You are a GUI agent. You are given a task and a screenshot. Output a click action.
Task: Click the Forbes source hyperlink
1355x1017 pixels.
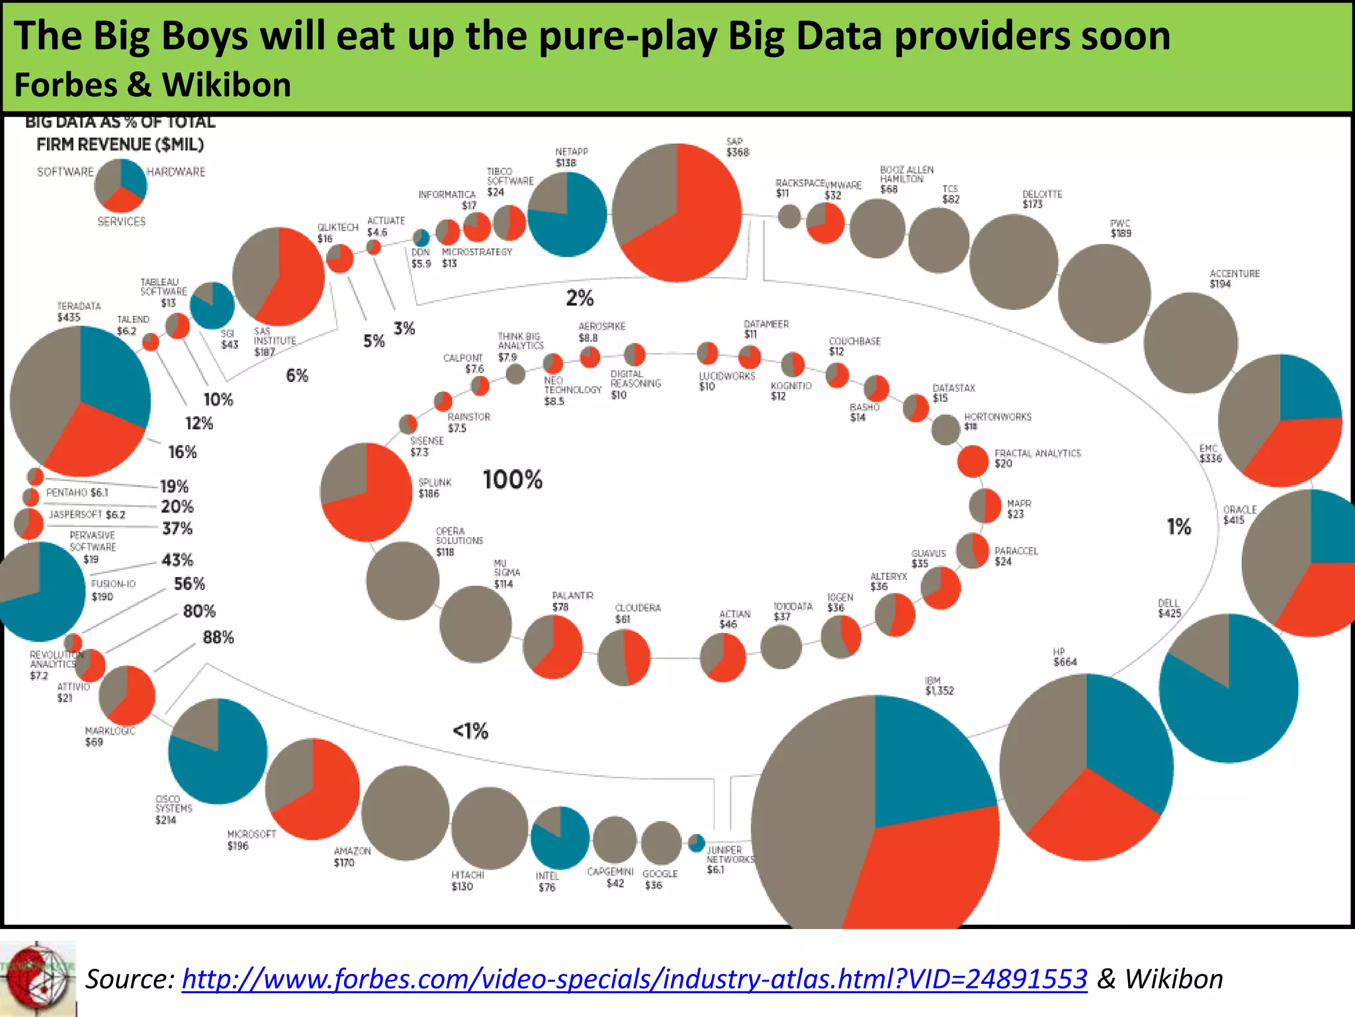click(x=634, y=979)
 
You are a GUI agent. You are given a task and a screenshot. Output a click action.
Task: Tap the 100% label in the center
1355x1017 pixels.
click(x=512, y=479)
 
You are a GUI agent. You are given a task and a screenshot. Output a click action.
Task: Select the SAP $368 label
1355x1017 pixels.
click(x=737, y=147)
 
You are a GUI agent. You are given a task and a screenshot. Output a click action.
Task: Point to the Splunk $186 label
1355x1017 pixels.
click(x=435, y=488)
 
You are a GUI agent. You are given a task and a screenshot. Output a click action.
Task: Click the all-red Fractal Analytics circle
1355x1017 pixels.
click(x=973, y=461)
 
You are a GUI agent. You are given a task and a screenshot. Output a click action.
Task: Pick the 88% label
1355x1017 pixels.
click(x=218, y=638)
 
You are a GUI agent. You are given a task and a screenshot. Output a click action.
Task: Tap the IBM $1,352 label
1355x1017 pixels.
click(x=939, y=686)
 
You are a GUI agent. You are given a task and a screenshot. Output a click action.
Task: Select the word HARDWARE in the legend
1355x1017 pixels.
click(x=175, y=172)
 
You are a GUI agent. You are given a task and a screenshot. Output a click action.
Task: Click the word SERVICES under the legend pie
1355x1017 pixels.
click(x=121, y=222)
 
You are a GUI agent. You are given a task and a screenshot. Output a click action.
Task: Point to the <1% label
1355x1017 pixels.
click(x=470, y=731)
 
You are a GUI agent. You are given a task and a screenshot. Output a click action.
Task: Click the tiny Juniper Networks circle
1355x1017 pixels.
click(x=696, y=843)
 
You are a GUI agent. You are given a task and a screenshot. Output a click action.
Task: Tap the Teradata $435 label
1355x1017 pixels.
click(x=78, y=312)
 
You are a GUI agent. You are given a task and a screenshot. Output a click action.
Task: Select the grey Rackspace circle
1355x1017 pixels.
click(x=789, y=216)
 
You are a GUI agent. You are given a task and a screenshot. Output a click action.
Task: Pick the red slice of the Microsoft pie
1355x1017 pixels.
click(x=324, y=795)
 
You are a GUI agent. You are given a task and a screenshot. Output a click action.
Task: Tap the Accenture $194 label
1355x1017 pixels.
click(x=1234, y=279)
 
